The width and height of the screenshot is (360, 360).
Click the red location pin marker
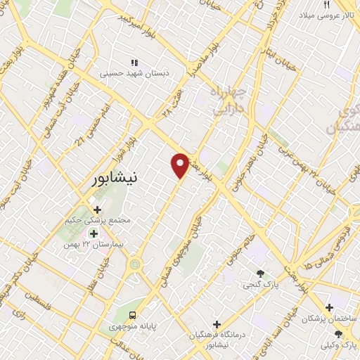pyautogui.click(x=181, y=165)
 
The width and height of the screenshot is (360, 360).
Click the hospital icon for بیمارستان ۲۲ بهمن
pyautogui.click(x=94, y=233)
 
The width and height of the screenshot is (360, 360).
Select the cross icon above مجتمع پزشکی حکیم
pyautogui.click(x=97, y=209)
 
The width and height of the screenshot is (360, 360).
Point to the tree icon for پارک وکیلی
pyautogui.click(x=338, y=333)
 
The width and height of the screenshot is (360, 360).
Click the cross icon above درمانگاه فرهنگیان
pyautogui.click(x=217, y=324)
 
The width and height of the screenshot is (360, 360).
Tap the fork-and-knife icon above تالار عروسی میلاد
pyautogui.click(x=327, y=4)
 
